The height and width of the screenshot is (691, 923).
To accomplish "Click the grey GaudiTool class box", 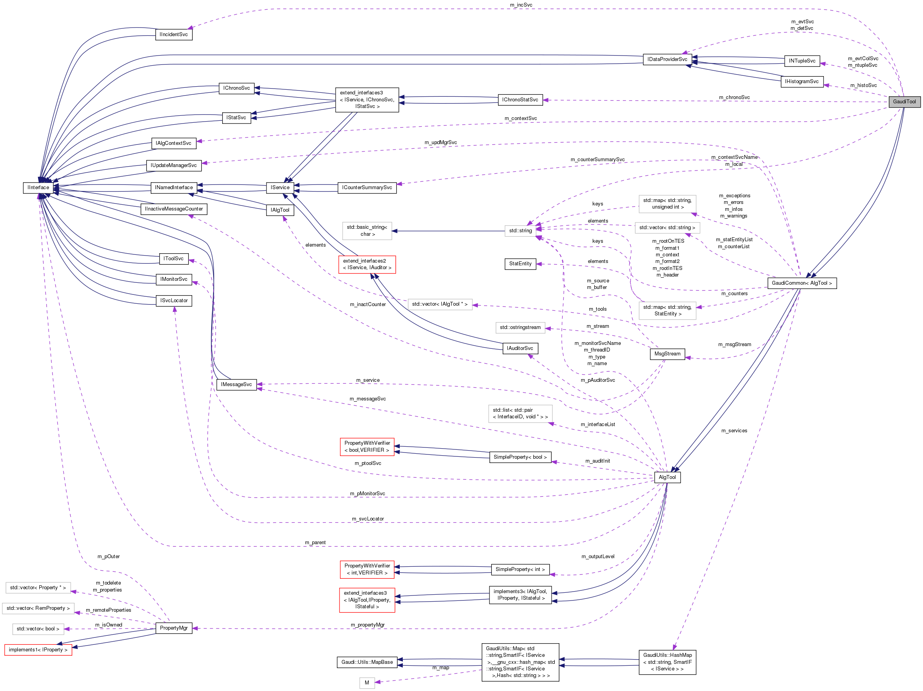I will (904, 101).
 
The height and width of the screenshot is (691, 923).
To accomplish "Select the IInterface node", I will (38, 187).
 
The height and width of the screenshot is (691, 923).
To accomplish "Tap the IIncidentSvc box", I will (174, 34).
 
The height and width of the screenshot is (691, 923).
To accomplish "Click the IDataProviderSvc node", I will (667, 59).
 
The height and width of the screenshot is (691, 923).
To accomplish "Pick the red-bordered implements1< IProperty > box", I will (38, 650).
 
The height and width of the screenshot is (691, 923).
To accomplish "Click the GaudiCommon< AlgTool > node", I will (801, 283).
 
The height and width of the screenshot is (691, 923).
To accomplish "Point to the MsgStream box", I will (667, 353).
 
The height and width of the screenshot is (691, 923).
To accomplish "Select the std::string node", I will (520, 230).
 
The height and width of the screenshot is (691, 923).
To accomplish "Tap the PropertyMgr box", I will (174, 628).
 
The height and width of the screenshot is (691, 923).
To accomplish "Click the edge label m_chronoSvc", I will (734, 97).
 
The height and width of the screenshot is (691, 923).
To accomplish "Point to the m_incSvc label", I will (521, 5).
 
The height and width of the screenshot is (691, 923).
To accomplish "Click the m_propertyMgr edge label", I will (367, 625).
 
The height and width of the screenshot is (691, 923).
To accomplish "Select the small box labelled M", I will (366, 683).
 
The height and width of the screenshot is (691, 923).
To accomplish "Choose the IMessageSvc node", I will (236, 384).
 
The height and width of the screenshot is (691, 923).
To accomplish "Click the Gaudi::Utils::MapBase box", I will (367, 662).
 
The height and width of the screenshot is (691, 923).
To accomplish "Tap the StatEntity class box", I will (520, 264).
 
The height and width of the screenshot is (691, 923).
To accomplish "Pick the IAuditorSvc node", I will (519, 348).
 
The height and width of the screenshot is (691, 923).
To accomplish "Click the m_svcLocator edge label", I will (367, 519).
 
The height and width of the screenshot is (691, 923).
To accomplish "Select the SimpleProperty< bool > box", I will (519, 457).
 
